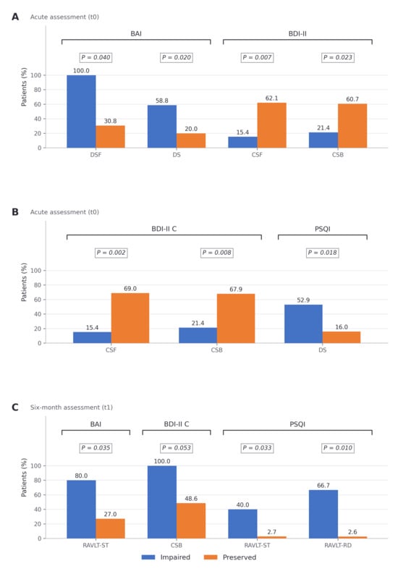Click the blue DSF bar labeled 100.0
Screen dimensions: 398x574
pos(81,111)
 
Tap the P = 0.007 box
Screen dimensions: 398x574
pos(257,57)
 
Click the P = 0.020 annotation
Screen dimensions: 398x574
pos(177,57)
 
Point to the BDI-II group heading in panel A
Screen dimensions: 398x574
pos(297,34)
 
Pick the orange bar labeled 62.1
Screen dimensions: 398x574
pos(271,125)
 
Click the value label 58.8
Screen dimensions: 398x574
pos(161,101)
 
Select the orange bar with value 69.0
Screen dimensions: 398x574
pos(130,318)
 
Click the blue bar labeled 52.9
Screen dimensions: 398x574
pos(303,324)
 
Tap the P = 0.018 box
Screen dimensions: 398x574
pos(323,253)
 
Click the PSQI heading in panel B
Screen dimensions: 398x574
pos(323,229)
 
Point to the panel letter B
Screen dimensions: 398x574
pos(15,212)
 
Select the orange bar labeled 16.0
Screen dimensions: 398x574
pos(342,337)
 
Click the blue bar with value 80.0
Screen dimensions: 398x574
pos(81,509)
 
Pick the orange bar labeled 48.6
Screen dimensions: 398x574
pos(191,520)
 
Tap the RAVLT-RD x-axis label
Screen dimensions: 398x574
pos(338,545)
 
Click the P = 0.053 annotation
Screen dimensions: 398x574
pos(177,448)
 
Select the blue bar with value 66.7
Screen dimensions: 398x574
pos(323,514)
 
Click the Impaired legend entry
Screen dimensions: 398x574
pos(166,557)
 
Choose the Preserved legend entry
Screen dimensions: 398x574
pos(229,557)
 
